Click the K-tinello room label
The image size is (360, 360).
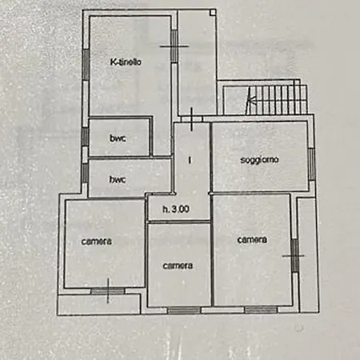pos(126,62)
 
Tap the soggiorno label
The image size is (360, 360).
pos(259,160)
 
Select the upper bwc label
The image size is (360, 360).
pos(118,138)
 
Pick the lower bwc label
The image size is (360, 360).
pos(118,179)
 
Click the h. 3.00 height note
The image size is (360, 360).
pos(176,209)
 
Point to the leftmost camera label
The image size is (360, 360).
pos(96,242)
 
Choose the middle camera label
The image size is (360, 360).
pos(178,266)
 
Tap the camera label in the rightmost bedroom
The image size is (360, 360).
pos(252,240)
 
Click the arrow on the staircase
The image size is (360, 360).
pos(250,100)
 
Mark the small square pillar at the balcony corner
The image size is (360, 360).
pos(213,12)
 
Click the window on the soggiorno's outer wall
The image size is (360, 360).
pos(311,164)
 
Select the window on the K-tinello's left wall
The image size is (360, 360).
pos(86,65)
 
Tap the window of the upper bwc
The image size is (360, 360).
pos(85,137)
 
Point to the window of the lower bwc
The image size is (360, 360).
pos(85,173)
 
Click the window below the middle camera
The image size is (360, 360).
pos(184,310)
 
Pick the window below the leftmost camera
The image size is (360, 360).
pos(108,291)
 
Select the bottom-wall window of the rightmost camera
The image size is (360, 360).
pos(261,310)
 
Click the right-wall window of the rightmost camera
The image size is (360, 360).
pos(294,255)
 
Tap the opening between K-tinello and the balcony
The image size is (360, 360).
pos(174,46)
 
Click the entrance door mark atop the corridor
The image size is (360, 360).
pos(191,119)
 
